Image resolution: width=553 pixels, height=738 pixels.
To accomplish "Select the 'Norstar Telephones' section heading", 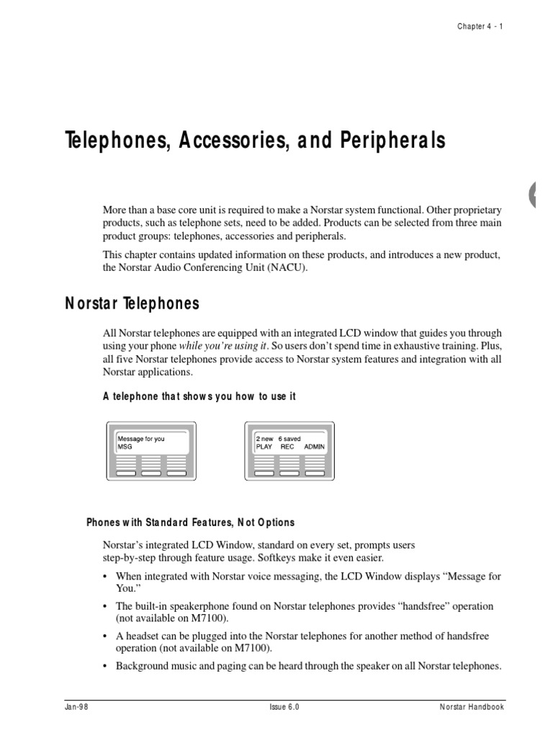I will coord(132,304).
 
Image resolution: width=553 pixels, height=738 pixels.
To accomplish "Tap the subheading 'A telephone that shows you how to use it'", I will coord(199,397).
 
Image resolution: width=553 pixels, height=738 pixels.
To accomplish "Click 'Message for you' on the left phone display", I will coord(141,439).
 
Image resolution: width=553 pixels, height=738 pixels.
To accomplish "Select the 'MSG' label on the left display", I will coord(125,447).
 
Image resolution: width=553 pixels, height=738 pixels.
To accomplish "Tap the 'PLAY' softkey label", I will coord(265,447).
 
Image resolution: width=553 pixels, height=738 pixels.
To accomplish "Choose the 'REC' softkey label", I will coord(287,447).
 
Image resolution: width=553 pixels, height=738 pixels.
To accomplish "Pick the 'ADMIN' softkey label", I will coord(314,447).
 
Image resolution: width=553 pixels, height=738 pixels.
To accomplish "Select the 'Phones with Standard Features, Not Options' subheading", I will coord(190,523).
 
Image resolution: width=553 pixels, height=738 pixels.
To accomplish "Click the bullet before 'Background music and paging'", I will coord(107,667).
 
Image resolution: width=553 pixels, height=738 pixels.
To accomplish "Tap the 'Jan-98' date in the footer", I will coord(73,708).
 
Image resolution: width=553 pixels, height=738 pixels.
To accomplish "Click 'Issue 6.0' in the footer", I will coord(279,708).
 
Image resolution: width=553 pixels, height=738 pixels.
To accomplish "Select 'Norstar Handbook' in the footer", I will coord(472,708).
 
